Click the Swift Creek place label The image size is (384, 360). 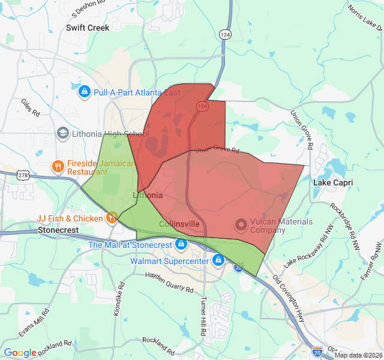point(88,28)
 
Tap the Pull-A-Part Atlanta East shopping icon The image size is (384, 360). point(85,92)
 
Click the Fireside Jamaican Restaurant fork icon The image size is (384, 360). point(58,166)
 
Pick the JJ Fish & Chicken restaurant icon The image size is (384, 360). point(112,218)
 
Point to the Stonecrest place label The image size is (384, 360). point(62,230)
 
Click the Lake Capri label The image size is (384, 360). point(333,182)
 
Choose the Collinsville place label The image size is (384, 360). point(179,224)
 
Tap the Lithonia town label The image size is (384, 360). point(147,196)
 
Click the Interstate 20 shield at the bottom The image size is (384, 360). point(317,351)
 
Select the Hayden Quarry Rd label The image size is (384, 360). point(169,283)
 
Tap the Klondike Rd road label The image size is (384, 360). point(118,298)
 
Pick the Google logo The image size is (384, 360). point(20,353)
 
